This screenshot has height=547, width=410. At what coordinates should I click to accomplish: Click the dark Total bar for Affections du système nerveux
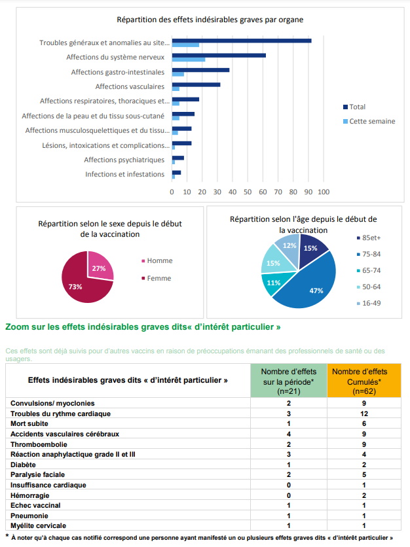pyautogui.click(x=219, y=55)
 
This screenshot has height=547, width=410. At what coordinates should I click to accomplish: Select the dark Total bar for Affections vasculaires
pyautogui.click(x=196, y=84)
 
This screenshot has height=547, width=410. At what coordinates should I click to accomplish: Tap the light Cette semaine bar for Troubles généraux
pyautogui.click(x=185, y=45)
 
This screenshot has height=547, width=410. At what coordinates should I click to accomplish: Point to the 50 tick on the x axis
pyautogui.click(x=248, y=192)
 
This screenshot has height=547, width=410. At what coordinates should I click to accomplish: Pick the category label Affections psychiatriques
pyautogui.click(x=124, y=160)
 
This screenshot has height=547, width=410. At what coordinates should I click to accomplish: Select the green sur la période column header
pyautogui.click(x=289, y=381)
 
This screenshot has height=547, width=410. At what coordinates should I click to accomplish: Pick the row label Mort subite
pyautogui.click(x=33, y=423)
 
